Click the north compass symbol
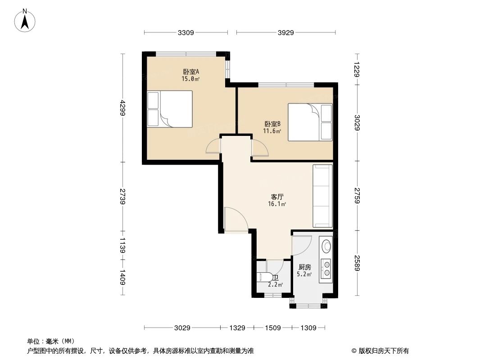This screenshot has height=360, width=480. click(x=26, y=20)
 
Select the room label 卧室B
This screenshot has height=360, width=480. click(x=272, y=124)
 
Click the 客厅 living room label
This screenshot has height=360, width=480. click(x=277, y=197)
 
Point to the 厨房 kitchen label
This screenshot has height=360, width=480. click(x=304, y=267)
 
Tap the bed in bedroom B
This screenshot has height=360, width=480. click(x=310, y=122)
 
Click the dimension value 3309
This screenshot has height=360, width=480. click(x=186, y=32)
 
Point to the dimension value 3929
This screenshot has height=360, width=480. click(x=285, y=32)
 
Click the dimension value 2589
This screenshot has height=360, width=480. click(x=357, y=263)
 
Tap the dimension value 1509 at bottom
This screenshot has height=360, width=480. click(x=272, y=328)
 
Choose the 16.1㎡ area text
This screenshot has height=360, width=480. click(x=277, y=204)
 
